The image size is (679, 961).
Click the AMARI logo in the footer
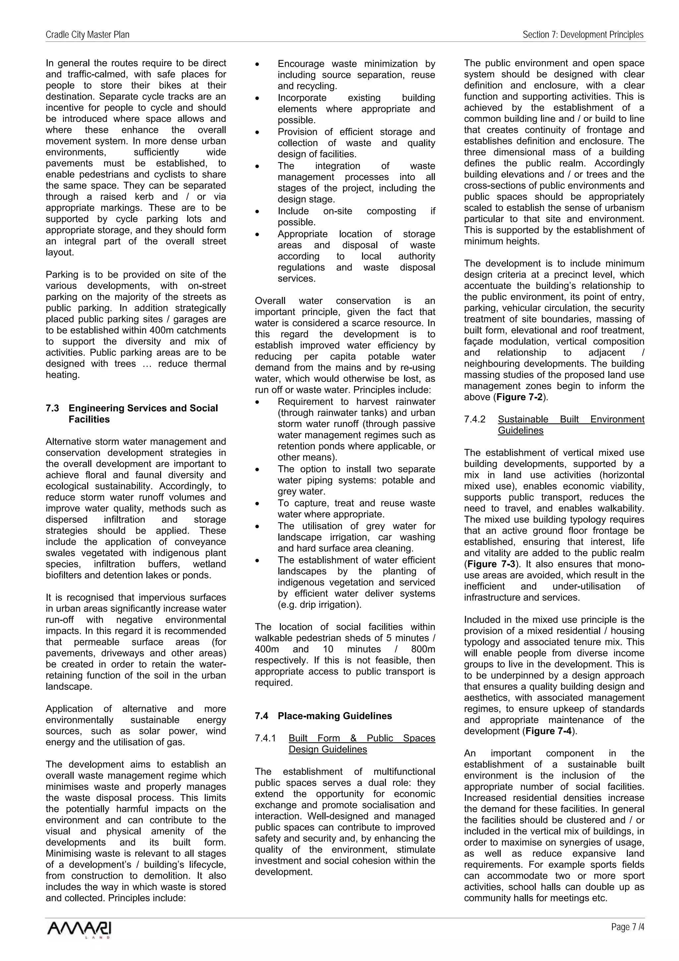tap(80, 940)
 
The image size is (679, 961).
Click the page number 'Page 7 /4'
tap(627, 939)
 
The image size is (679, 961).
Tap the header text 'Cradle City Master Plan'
tap(88, 35)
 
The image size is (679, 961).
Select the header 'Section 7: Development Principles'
tap(583, 35)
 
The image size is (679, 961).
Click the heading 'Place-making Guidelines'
tap(335, 716)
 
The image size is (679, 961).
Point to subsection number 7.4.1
tap(265, 738)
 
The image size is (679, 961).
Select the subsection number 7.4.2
tap(474, 419)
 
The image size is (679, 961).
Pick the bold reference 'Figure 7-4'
tap(549, 731)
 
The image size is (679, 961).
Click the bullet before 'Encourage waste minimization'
tap(257, 64)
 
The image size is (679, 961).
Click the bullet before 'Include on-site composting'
tap(257, 212)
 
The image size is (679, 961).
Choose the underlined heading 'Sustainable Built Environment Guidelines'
tap(571, 425)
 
